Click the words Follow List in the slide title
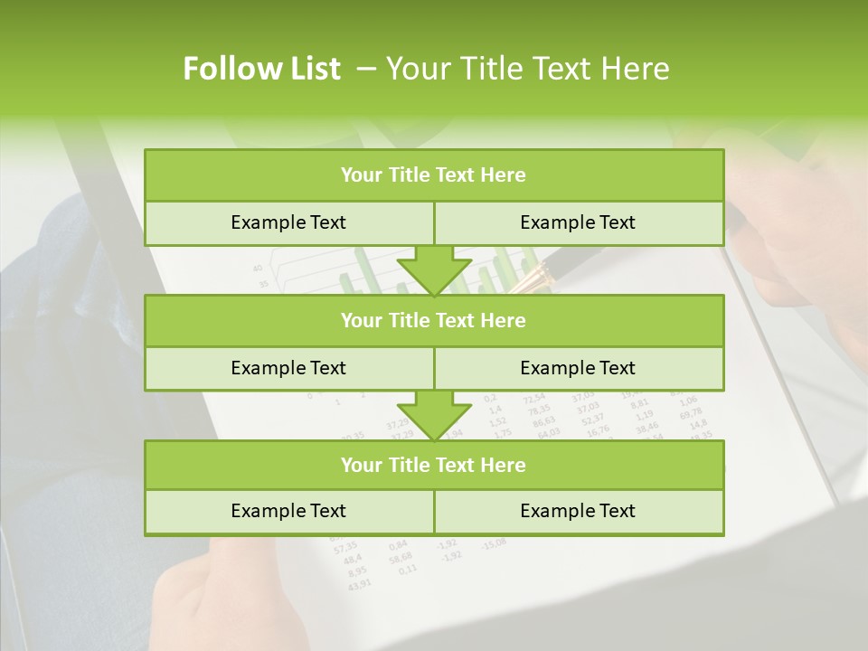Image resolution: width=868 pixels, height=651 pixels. pos(262,69)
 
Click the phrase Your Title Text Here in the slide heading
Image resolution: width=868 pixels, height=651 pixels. pos(528,69)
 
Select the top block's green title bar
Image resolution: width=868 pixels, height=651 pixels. pos(434,175)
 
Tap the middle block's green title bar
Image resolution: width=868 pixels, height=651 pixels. pos(434,320)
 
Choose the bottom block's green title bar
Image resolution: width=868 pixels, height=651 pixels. pos(434,465)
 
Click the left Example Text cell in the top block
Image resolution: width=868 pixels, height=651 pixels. pos(288,222)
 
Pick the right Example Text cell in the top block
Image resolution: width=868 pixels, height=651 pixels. pos(578,222)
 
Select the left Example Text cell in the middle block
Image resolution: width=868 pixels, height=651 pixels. pos(288,368)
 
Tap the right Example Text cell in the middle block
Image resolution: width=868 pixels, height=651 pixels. pos(578,368)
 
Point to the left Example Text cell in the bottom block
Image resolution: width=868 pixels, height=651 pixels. pos(288,511)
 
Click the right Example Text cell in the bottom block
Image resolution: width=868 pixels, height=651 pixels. pos(578,511)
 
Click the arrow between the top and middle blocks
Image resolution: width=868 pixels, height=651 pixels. pos(434,270)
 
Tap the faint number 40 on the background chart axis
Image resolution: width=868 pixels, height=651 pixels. pos(258,268)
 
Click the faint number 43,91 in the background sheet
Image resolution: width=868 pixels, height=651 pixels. pos(359,584)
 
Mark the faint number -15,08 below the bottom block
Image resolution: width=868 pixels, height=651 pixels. pos(495,543)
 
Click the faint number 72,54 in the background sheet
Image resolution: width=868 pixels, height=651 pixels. pos(534,397)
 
